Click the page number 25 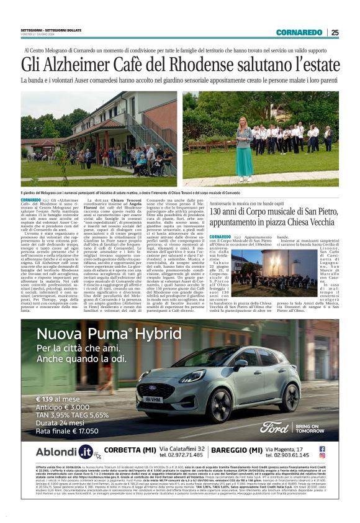coord(335,32)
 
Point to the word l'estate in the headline coord(310,65)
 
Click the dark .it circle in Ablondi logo coord(86,452)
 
